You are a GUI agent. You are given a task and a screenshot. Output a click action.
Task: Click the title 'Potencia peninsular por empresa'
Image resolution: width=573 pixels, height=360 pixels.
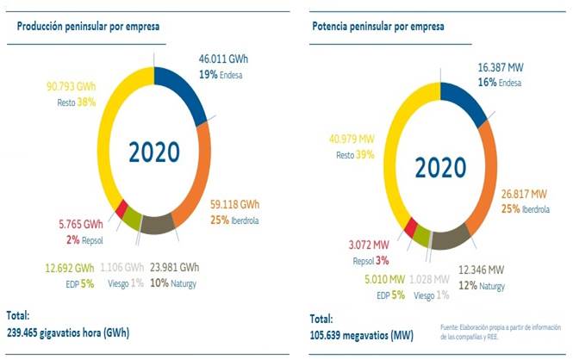tap(378, 26)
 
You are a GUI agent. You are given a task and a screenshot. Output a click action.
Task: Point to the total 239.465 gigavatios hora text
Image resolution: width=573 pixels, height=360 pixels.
tap(68, 331)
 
